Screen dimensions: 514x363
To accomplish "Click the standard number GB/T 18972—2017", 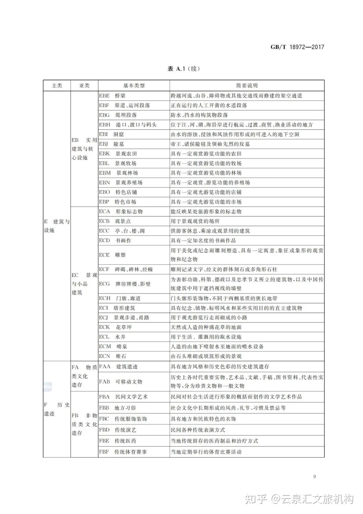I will (297, 47).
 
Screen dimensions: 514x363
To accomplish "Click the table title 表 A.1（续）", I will (184, 69).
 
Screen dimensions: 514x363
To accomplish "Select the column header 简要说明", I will (247, 85).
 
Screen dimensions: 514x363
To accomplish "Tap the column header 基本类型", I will (134, 85).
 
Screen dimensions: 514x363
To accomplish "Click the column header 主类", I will (57, 85).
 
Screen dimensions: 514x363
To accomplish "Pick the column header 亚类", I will (84, 85).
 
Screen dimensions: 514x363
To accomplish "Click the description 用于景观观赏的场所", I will (195, 221).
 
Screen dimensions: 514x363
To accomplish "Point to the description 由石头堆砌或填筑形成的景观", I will (206, 356).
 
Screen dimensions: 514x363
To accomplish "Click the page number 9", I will (314, 477).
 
